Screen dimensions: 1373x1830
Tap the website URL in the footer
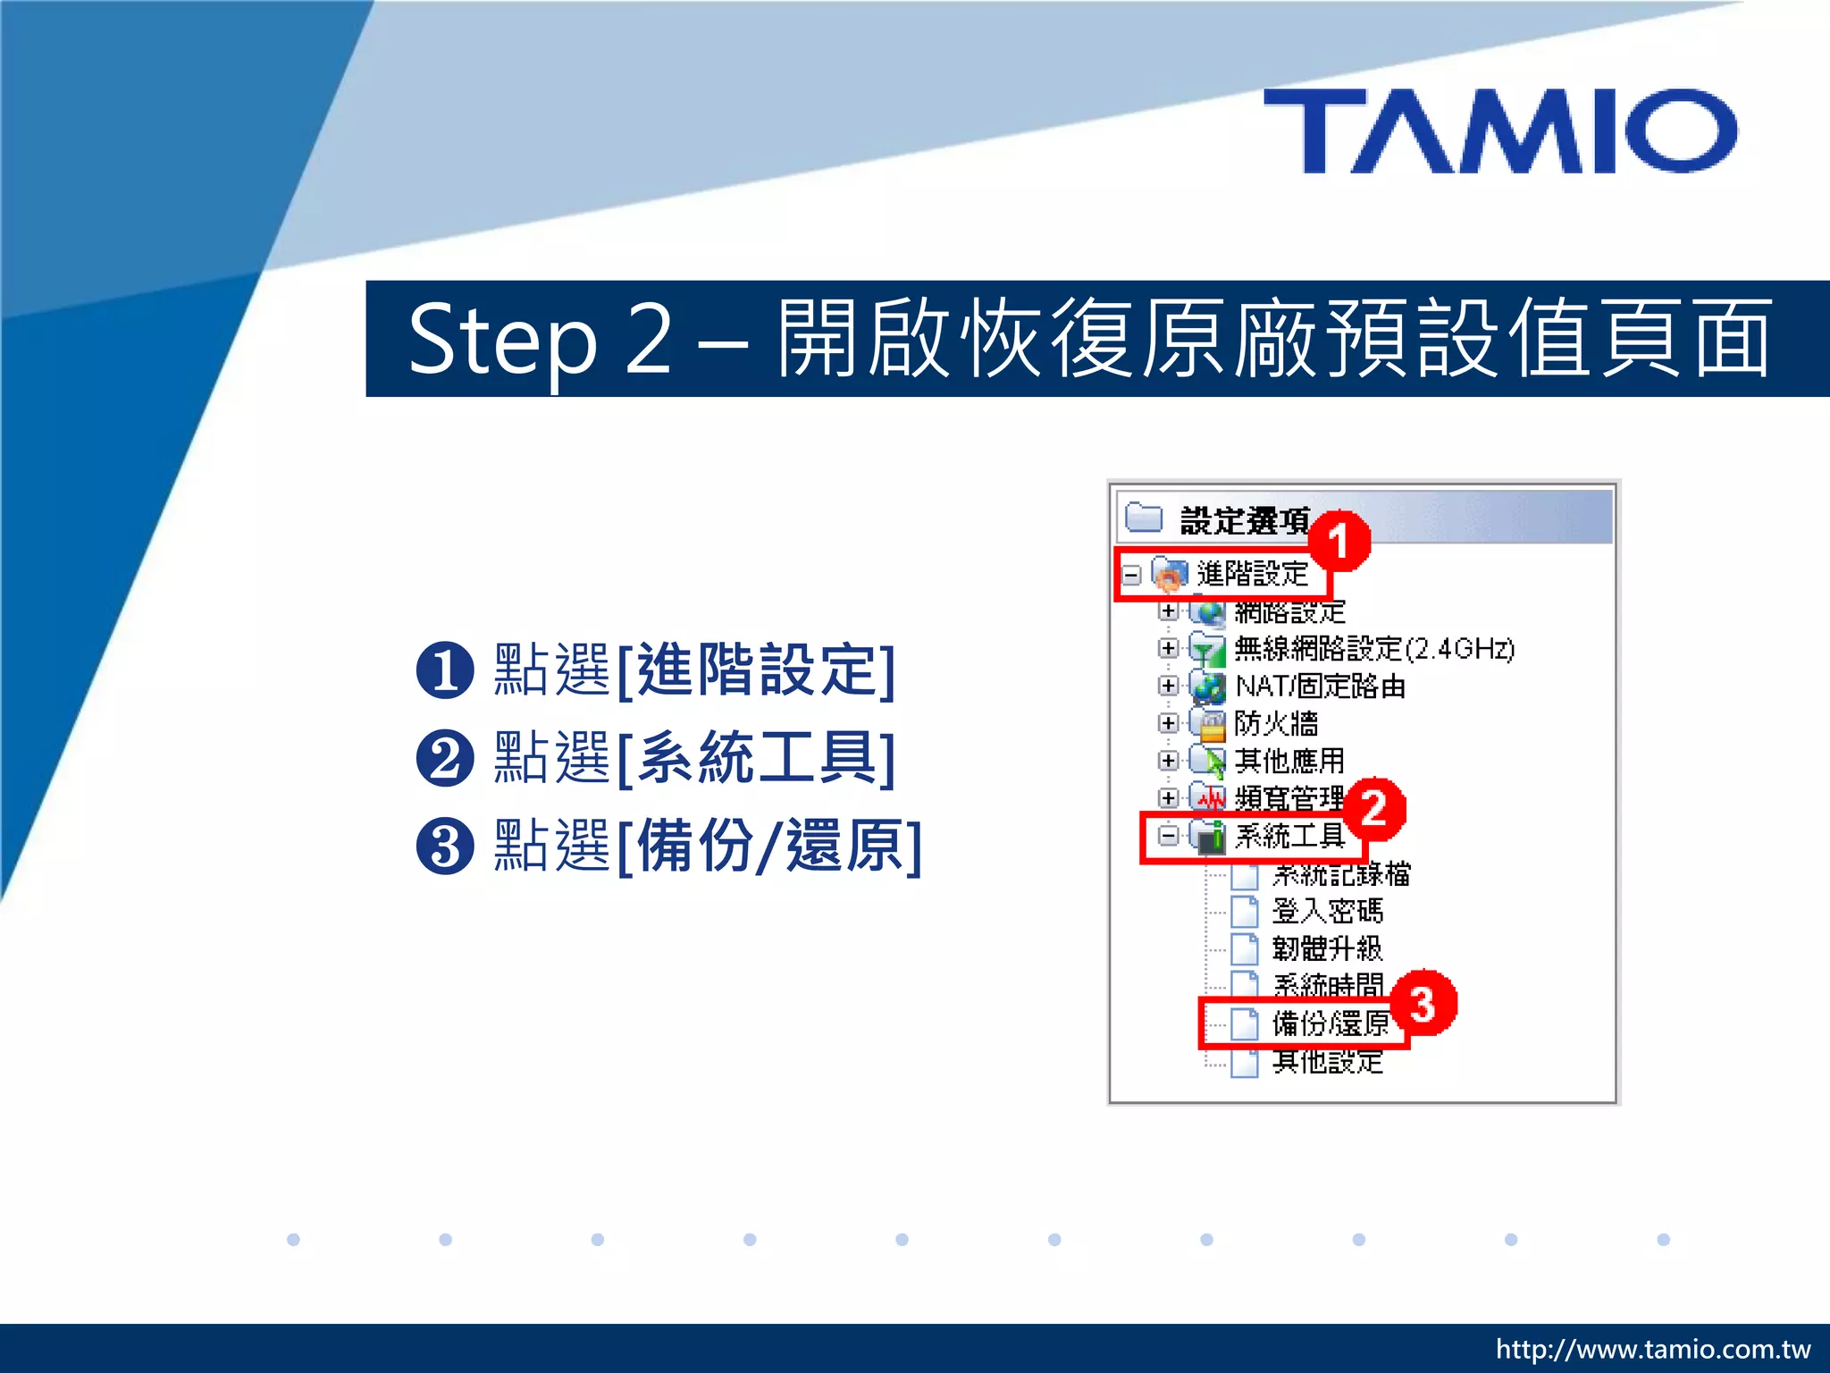pos(1652,1349)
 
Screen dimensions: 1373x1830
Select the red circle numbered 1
pos(1339,542)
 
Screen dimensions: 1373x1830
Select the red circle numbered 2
pos(1374,808)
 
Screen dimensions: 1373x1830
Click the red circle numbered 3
pos(1423,1003)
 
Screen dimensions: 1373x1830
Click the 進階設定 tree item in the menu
pos(1251,574)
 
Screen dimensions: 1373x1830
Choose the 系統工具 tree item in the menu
pos(1289,837)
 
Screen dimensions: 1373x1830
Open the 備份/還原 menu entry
pos(1330,1023)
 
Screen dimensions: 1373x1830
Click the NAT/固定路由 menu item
pos(1320,686)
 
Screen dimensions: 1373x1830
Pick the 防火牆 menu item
pos(1275,723)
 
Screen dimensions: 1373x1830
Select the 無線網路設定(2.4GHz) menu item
pos(1373,649)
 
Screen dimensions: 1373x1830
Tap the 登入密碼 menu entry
pos(1327,912)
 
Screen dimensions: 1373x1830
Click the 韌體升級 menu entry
pos(1327,948)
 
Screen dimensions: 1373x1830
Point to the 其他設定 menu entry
pos(1327,1062)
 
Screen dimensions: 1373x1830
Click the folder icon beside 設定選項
pos(1144,518)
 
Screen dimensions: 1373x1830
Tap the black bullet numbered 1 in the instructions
pos(445,670)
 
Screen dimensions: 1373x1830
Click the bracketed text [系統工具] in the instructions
pos(755,758)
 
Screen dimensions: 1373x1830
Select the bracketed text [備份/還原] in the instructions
pos(768,846)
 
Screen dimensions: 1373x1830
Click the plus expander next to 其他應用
pos(1168,761)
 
